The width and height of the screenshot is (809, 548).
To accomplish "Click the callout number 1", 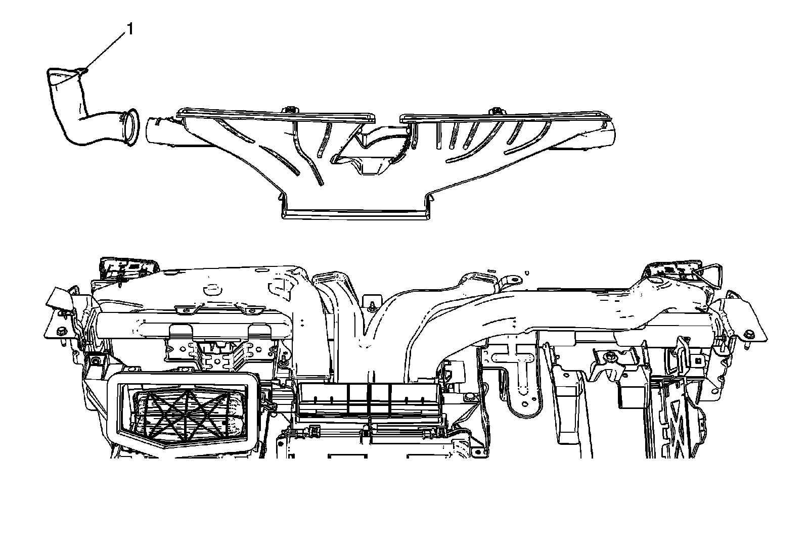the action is (130, 29).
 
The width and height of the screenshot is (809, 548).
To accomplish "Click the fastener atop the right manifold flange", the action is (497, 110).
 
